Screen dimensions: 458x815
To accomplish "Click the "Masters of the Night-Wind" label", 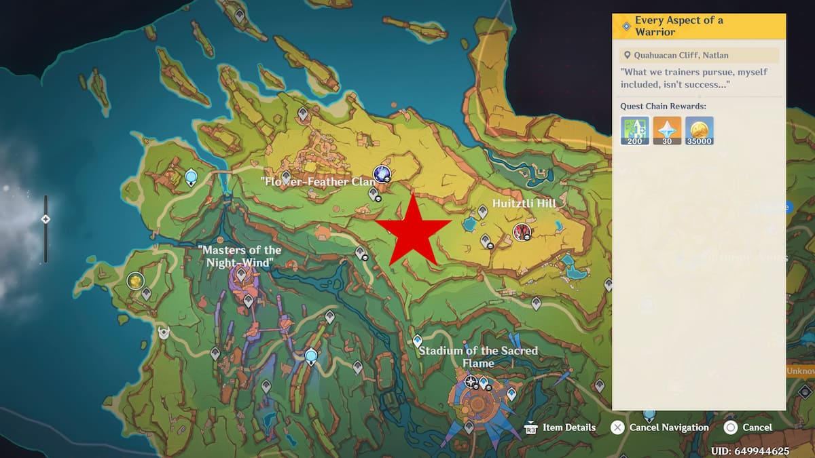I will [x=240, y=256].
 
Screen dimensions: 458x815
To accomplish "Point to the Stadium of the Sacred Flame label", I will [x=478, y=357].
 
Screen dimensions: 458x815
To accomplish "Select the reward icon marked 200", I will [x=635, y=130].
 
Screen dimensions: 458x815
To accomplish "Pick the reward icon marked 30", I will [x=667, y=130].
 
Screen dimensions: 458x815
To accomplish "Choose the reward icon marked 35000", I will [x=699, y=130].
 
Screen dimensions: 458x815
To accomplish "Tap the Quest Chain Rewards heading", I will [x=663, y=106].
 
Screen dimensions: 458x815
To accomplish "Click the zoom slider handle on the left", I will [x=46, y=219].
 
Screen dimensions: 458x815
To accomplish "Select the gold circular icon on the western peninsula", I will [x=136, y=280].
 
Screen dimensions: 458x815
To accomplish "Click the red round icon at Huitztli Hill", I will [x=522, y=232].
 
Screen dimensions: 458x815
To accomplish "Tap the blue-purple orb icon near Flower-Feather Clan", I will [x=382, y=174].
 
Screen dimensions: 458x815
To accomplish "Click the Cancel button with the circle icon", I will [x=748, y=427].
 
